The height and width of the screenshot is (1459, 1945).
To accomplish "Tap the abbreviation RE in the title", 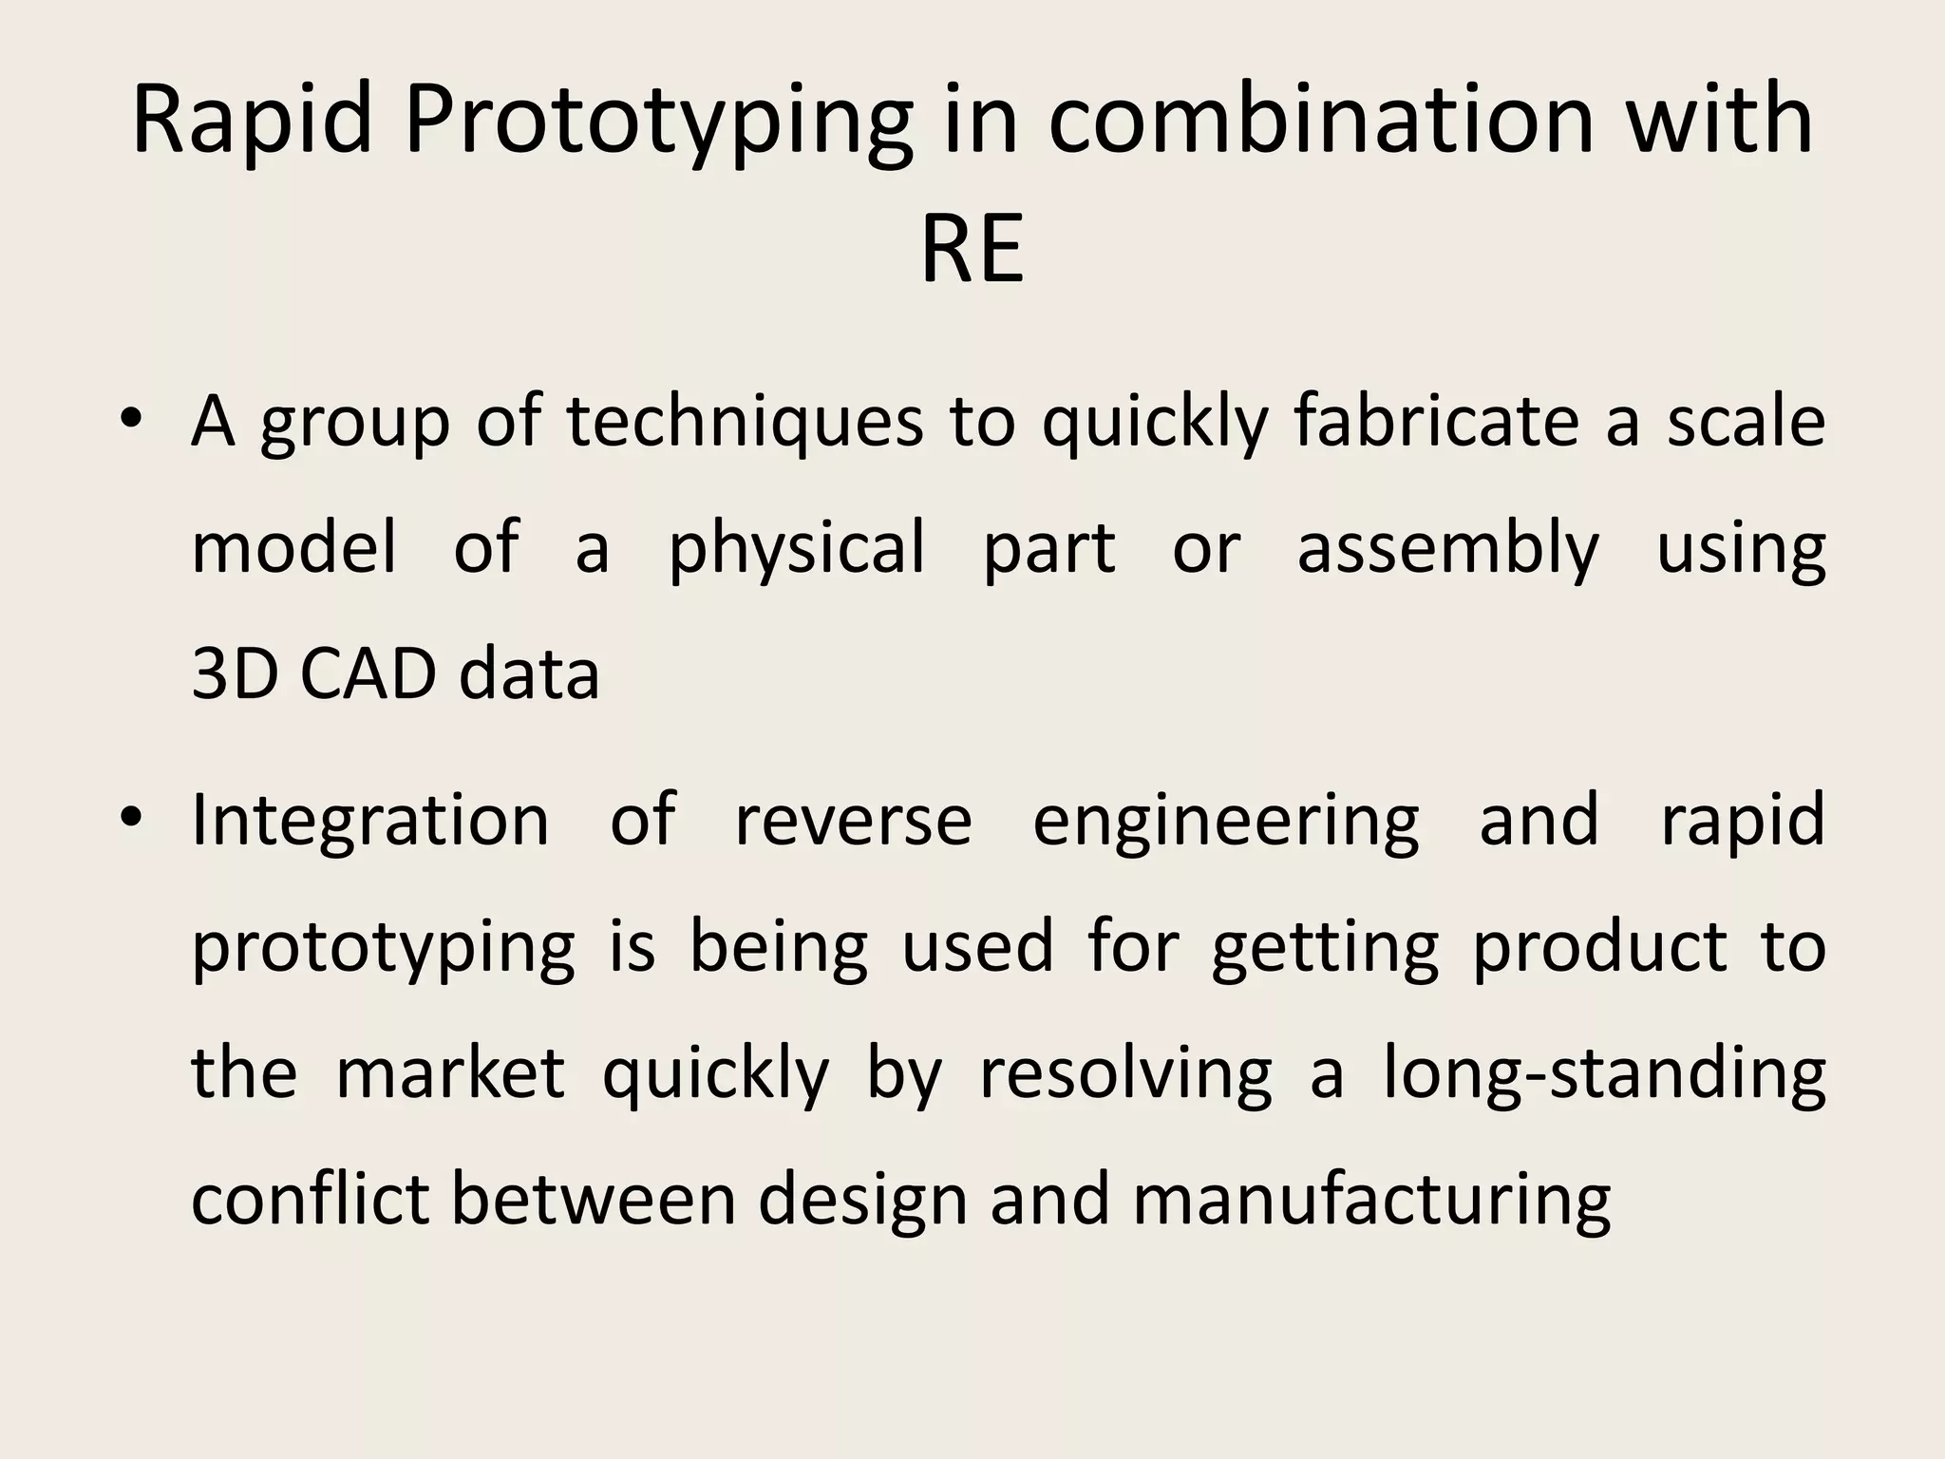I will pyautogui.click(x=972, y=250).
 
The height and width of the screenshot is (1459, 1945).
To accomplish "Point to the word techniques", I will pyautogui.click(x=745, y=422).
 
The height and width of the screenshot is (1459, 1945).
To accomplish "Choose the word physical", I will pyautogui.click(x=796, y=549).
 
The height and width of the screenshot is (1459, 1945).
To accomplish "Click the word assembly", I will pyautogui.click(x=1447, y=549).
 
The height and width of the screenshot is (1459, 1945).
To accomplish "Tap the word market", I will pyautogui.click(x=450, y=1073).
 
